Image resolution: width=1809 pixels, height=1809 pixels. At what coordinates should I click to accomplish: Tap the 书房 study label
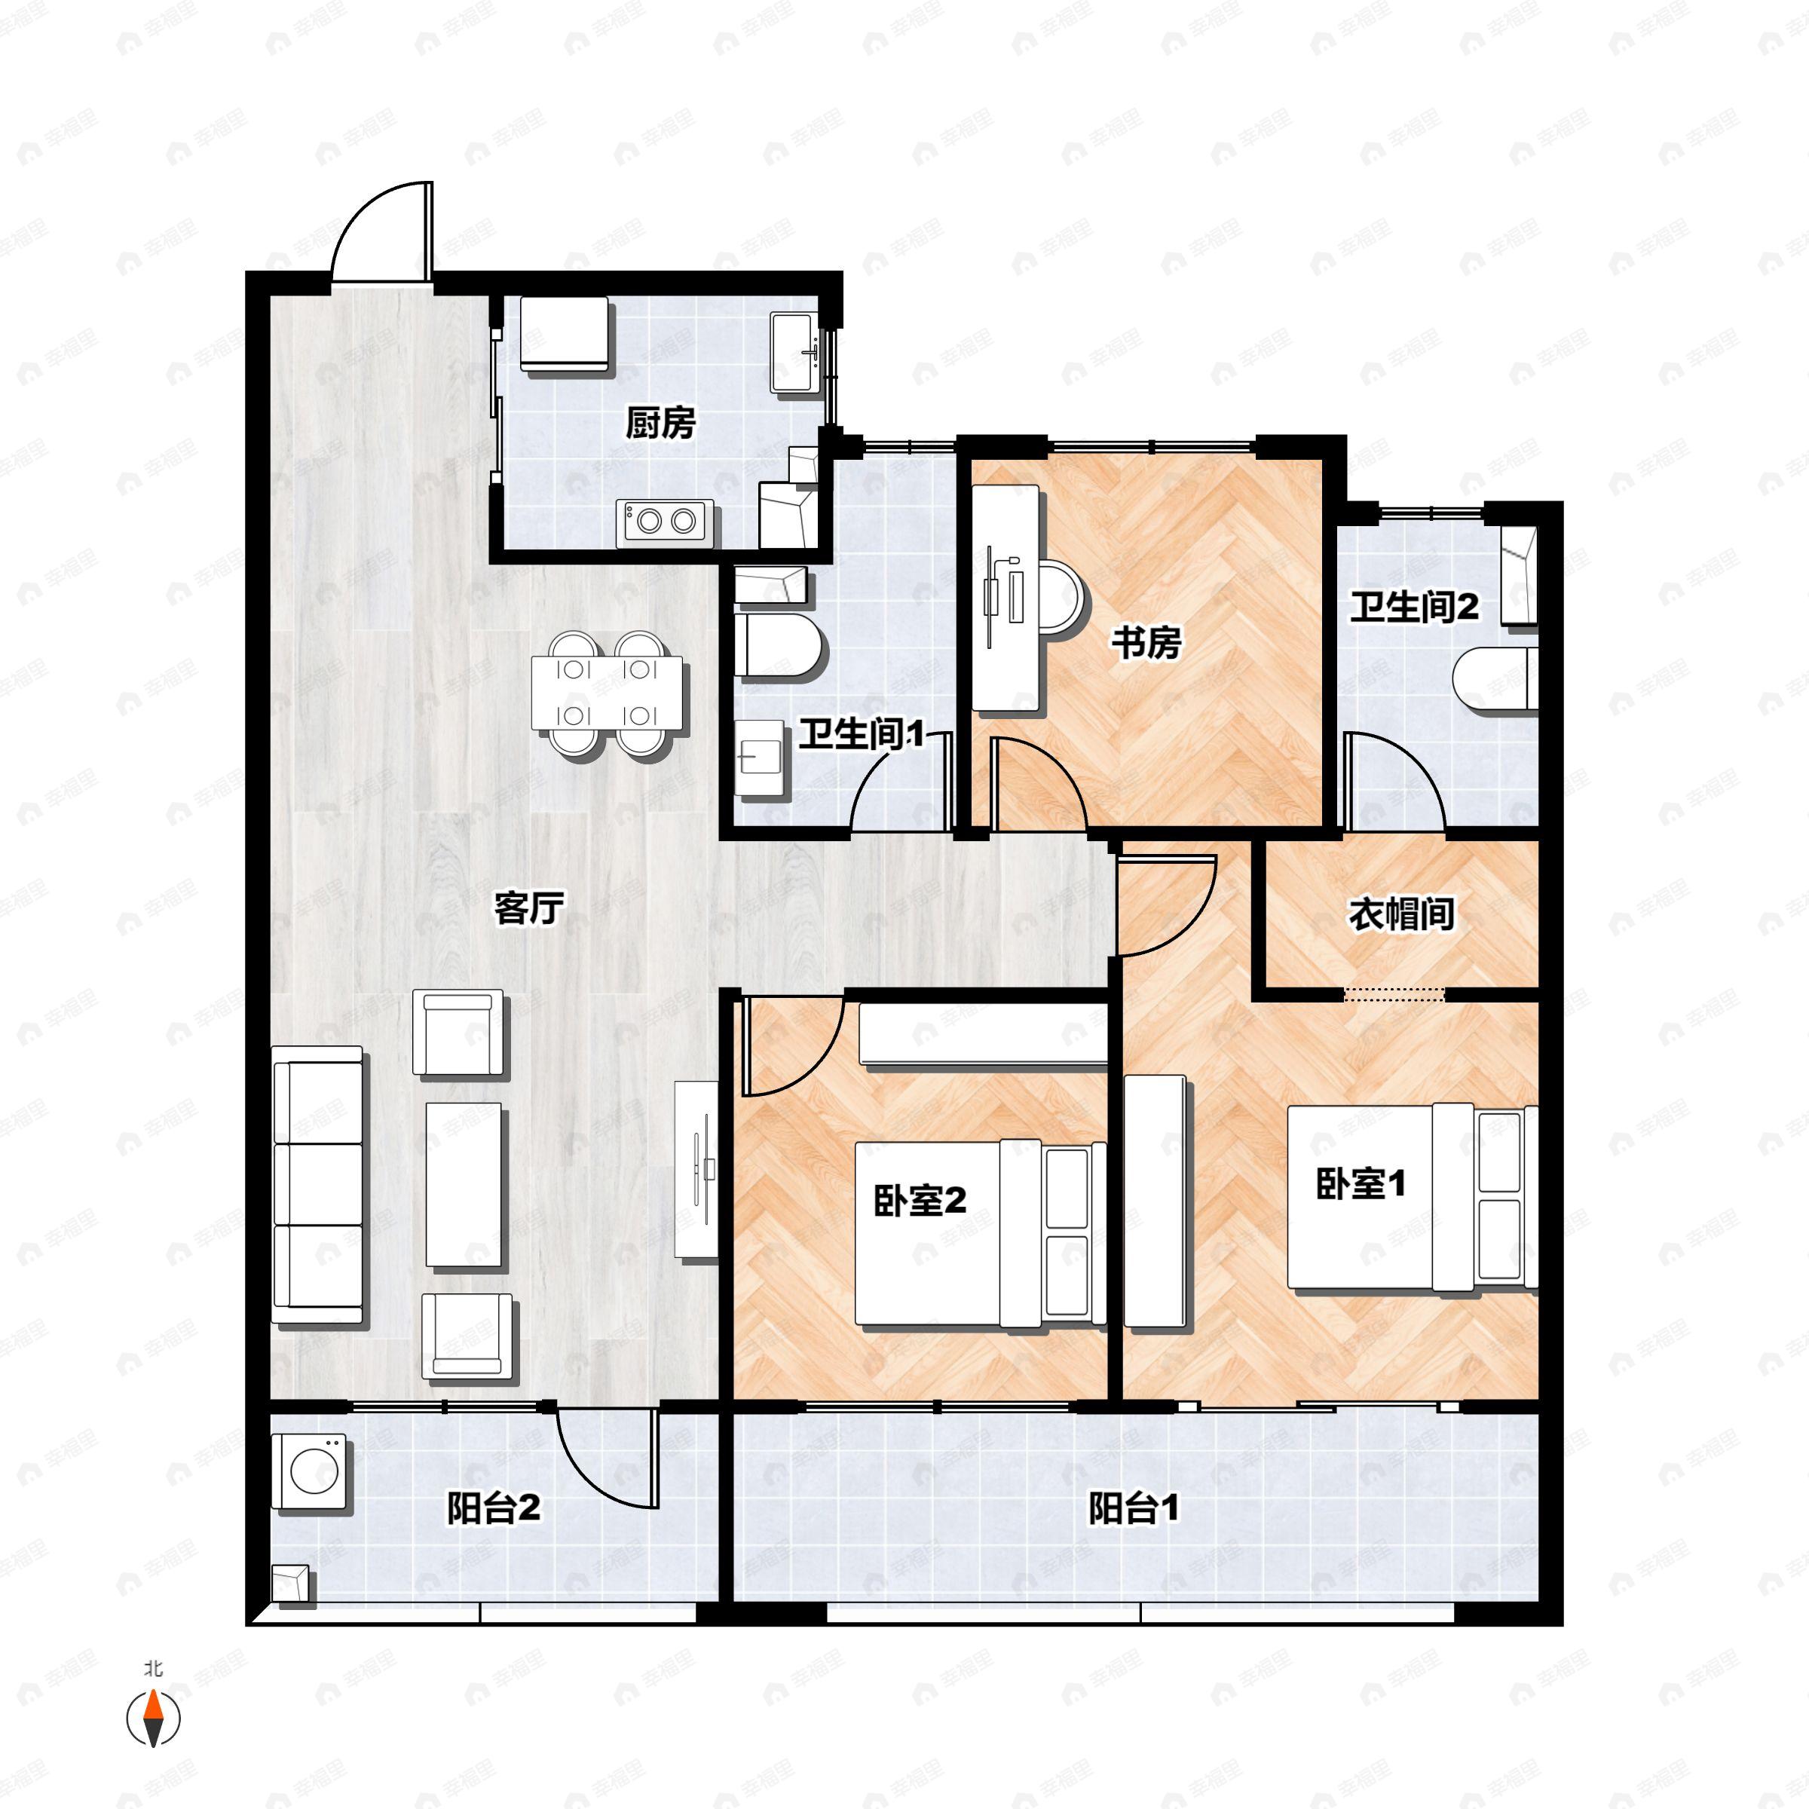(1146, 643)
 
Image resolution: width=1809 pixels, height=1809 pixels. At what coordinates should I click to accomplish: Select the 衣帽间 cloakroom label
(1400, 915)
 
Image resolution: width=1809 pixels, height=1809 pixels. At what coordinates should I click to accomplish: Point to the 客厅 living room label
(529, 908)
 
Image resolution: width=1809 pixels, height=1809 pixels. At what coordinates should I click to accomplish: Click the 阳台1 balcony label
(1134, 1508)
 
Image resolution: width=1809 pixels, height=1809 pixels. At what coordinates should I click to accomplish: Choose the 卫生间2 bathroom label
(1414, 608)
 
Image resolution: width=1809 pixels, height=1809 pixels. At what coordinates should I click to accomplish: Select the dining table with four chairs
(607, 693)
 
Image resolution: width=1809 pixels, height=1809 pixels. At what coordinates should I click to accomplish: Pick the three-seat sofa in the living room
(317, 1184)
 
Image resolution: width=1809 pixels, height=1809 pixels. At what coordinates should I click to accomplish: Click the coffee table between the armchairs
(464, 1186)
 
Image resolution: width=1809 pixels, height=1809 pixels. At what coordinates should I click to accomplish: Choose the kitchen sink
(794, 352)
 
